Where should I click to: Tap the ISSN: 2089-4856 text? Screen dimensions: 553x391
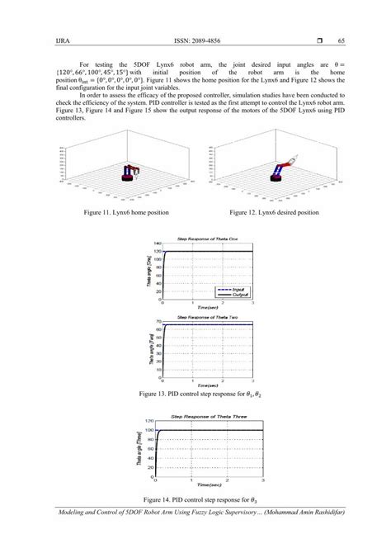195,40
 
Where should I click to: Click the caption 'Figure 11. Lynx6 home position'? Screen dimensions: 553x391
126,212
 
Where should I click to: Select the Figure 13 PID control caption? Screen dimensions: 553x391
196,395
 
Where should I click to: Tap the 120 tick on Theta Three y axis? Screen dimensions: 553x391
150,421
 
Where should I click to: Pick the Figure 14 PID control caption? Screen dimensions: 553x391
196,500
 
